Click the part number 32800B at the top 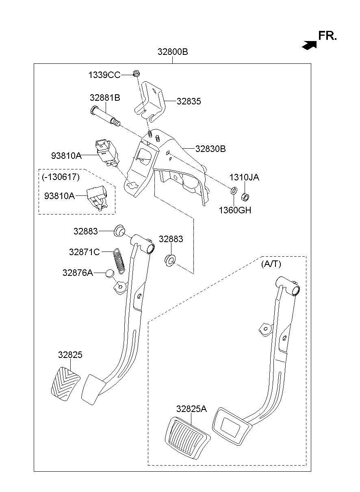click(x=173, y=52)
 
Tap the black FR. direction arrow click(x=309, y=45)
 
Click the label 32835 click(x=189, y=102)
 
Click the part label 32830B click(x=210, y=149)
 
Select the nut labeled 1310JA click(x=245, y=197)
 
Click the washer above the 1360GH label click(x=234, y=190)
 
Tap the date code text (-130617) click(x=61, y=177)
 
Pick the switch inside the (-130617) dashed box click(x=96, y=197)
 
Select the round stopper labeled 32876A click(x=109, y=273)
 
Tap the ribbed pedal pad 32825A click(x=187, y=437)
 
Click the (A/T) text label click(x=271, y=264)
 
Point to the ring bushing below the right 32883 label click(x=170, y=260)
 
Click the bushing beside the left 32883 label click(x=119, y=231)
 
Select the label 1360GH click(x=235, y=210)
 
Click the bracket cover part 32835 click(x=150, y=101)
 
